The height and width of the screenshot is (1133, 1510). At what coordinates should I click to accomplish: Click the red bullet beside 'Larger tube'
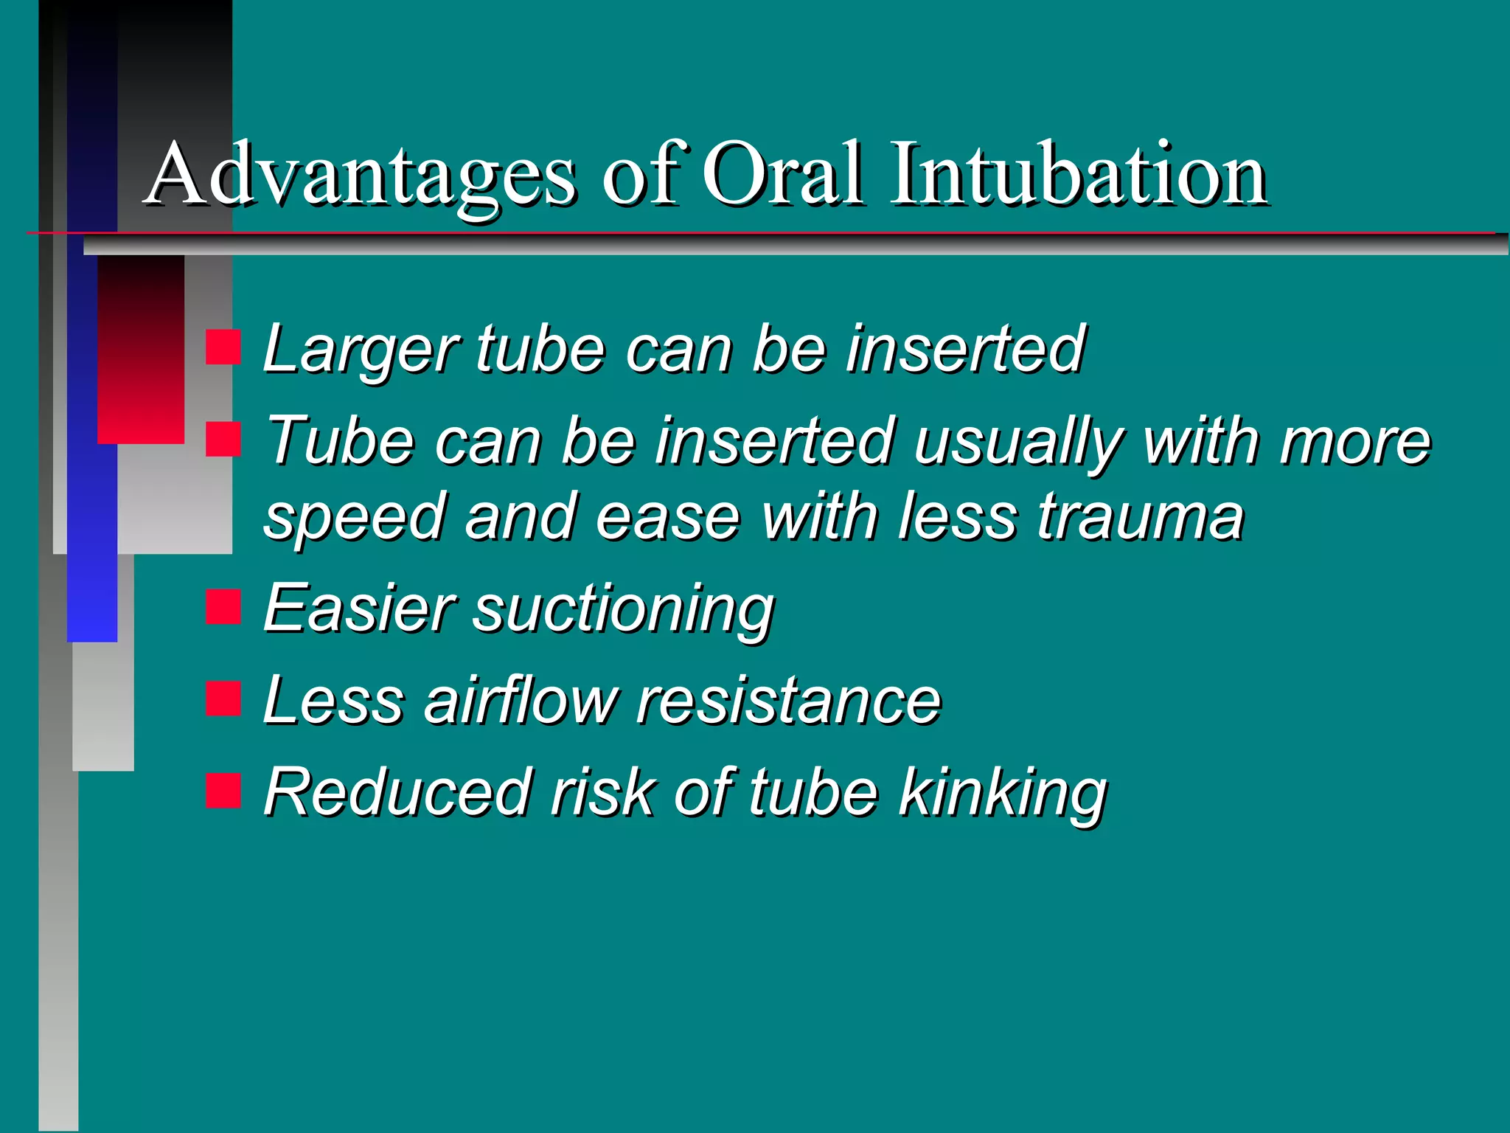[223, 347]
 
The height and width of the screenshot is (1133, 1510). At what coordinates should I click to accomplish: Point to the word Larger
[361, 350]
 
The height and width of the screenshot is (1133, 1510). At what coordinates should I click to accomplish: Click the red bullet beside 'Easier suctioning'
[223, 607]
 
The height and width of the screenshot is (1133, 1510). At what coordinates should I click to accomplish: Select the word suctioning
[623, 611]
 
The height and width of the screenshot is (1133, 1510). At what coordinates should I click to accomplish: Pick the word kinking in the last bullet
[1003, 794]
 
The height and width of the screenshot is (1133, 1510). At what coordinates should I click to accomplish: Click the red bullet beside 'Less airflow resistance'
[223, 699]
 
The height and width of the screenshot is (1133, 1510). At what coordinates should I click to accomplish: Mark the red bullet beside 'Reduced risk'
[223, 791]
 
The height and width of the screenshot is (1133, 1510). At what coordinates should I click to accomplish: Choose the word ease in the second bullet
[667, 519]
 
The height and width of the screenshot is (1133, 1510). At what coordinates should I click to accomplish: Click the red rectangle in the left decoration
[140, 350]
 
